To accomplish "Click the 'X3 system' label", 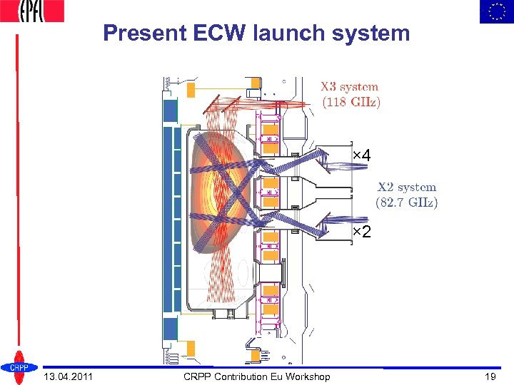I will click(x=349, y=87).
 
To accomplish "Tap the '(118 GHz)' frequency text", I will click(x=351, y=102).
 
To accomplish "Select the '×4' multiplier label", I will click(x=362, y=155).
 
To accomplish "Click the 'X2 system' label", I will click(x=407, y=188).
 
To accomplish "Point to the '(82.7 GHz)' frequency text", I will click(x=407, y=202).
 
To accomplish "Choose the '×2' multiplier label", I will click(x=362, y=233).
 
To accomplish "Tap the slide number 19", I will click(x=490, y=376).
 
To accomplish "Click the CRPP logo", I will click(x=18, y=366).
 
